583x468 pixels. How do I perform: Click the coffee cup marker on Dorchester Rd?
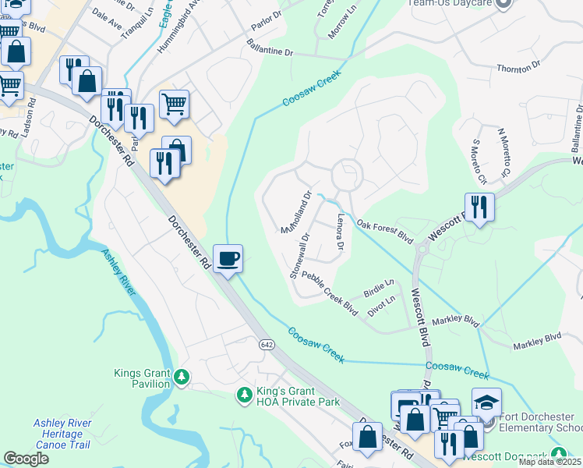point(228,259)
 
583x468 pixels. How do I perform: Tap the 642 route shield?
point(267,345)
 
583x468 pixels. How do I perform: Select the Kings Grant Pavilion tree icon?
point(182,378)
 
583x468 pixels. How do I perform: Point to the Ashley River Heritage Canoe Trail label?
point(62,434)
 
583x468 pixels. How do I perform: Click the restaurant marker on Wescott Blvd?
point(479,208)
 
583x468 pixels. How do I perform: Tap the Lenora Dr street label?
point(340,233)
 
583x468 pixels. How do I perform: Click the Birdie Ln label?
point(379,289)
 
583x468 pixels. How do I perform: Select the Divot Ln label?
point(383,305)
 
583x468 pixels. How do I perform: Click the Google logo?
point(26,458)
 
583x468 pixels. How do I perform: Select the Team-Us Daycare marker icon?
point(503,4)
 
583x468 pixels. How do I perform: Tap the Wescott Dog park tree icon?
point(558,454)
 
